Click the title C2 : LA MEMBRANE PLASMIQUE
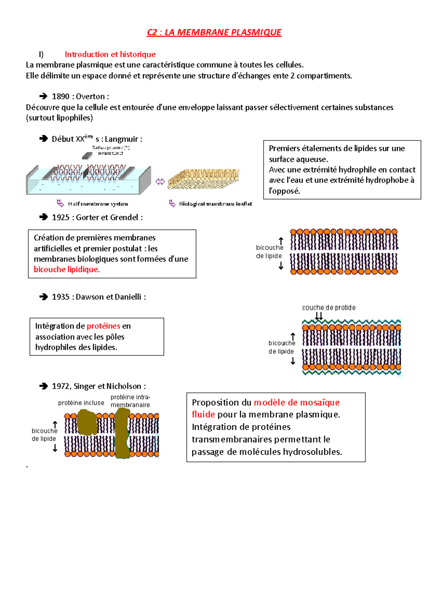214,33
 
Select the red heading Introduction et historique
110,54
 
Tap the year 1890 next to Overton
60,97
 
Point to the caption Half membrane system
98,204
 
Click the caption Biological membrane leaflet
215,204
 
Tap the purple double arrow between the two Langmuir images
160,182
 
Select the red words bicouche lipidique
66,270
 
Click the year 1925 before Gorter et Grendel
60,217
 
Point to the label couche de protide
329,308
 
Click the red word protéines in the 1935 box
103,326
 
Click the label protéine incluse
81,403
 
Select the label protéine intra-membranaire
130,401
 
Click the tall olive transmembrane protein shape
122,433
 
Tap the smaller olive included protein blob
87,422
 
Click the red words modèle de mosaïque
296,403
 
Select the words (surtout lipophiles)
59,118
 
